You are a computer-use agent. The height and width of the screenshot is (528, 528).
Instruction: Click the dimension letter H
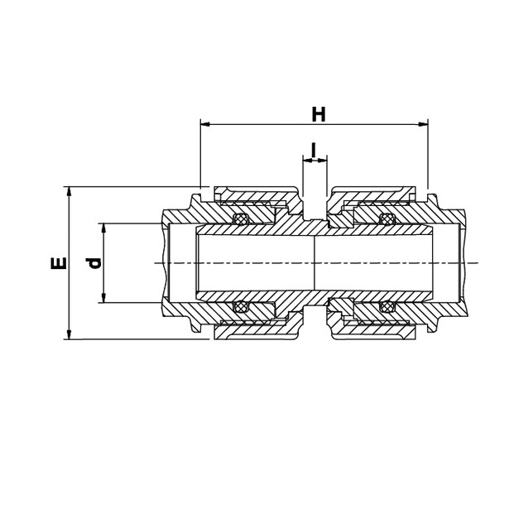point(319,114)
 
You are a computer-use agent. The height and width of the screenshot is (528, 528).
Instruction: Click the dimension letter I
point(314,150)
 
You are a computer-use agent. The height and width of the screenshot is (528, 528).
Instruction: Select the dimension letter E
point(59,263)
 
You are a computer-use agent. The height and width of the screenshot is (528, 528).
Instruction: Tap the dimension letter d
point(94,263)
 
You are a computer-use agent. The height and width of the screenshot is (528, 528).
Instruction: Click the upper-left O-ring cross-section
point(240,218)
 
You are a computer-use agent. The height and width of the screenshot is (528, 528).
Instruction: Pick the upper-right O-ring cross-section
point(386,218)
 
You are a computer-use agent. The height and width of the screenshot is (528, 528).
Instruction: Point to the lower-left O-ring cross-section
point(240,307)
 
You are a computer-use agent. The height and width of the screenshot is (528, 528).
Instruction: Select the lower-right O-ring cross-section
point(386,307)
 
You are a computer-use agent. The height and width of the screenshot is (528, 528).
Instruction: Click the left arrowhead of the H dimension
point(205,125)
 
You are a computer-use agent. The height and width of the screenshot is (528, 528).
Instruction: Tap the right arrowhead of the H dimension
point(423,125)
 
